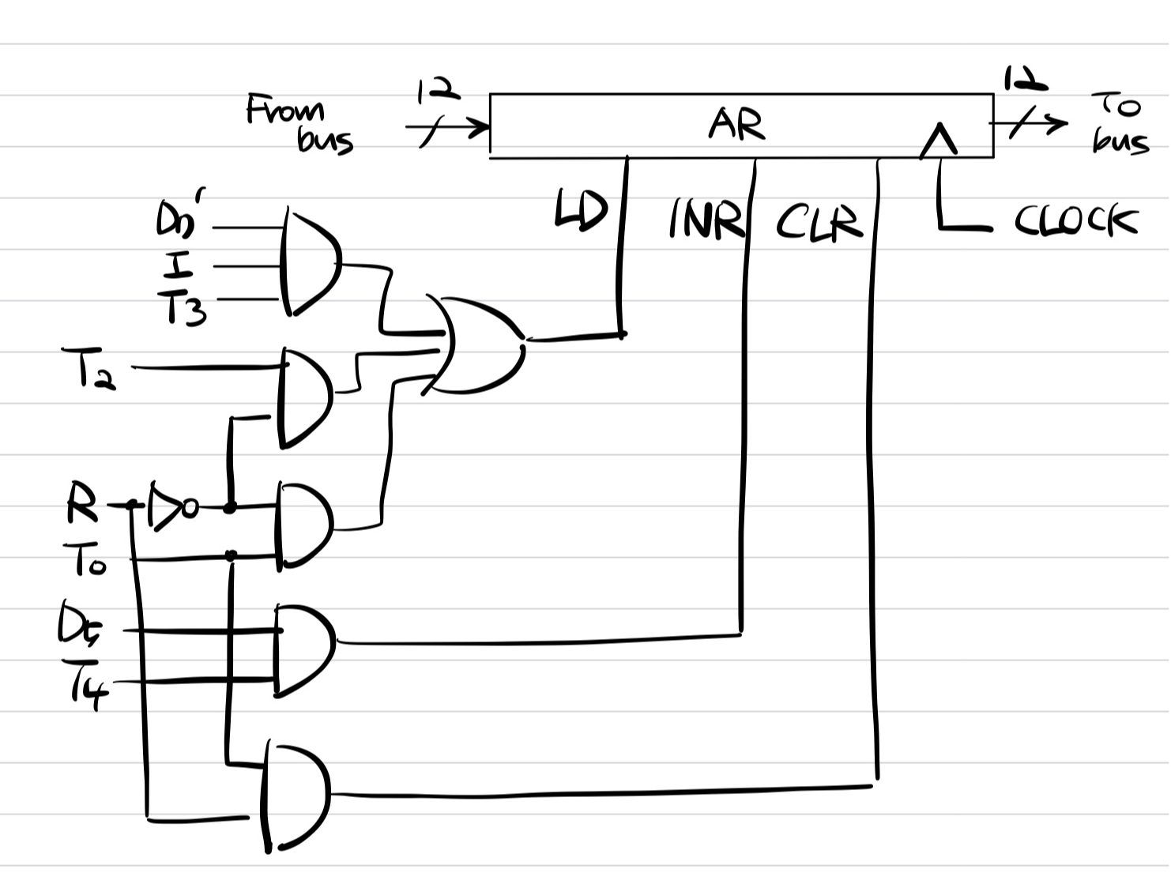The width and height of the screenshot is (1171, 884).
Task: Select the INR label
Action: coord(706,218)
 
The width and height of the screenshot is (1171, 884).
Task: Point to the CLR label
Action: coord(819,221)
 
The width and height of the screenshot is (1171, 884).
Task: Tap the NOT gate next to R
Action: coord(168,504)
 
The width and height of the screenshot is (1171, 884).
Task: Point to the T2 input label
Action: coord(91,368)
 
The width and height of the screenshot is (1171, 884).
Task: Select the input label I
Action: coord(179,266)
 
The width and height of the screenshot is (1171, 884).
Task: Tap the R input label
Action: coord(81,505)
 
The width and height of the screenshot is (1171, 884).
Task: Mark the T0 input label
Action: coord(88,561)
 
